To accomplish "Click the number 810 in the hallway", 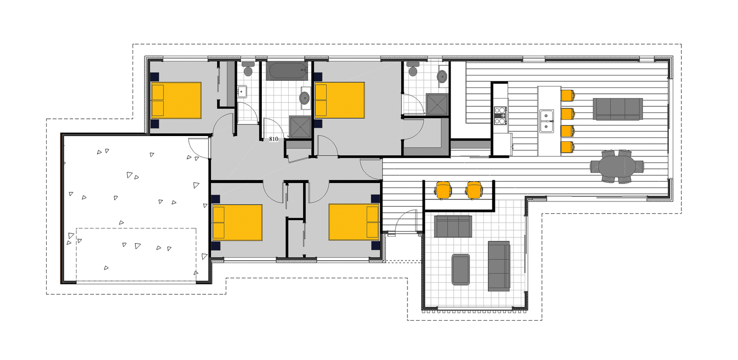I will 274,139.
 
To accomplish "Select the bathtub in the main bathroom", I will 287,71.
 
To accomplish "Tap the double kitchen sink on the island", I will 546,120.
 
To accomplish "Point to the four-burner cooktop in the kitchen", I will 501,115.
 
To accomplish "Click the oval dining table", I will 617,166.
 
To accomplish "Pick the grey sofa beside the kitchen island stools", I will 617,109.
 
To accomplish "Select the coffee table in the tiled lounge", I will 461,269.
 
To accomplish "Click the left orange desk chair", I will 443,190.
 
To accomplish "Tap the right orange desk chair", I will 474,190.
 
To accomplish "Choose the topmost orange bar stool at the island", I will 567,96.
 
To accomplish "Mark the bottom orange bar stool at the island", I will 567,148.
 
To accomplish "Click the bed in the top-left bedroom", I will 176,100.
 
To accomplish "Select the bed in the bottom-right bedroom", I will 354,222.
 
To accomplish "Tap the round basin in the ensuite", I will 443,76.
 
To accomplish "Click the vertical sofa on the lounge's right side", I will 499,266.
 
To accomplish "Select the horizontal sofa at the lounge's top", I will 453,226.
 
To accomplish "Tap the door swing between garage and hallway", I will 198,148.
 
